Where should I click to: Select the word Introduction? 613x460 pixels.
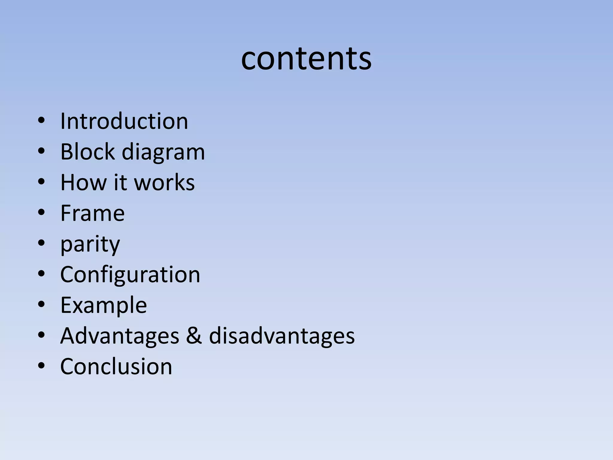click(124, 121)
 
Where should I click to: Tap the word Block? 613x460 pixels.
click(88, 152)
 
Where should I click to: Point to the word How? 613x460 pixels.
click(84, 182)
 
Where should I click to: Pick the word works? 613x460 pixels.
click(164, 182)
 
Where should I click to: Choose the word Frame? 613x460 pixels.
click(92, 213)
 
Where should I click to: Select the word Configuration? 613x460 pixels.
click(130, 275)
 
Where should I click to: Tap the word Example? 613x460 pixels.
click(104, 305)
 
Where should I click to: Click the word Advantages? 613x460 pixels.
click(120, 336)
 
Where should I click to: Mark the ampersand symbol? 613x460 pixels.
click(194, 336)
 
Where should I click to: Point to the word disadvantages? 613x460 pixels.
click(282, 336)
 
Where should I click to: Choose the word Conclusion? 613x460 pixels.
click(116, 367)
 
